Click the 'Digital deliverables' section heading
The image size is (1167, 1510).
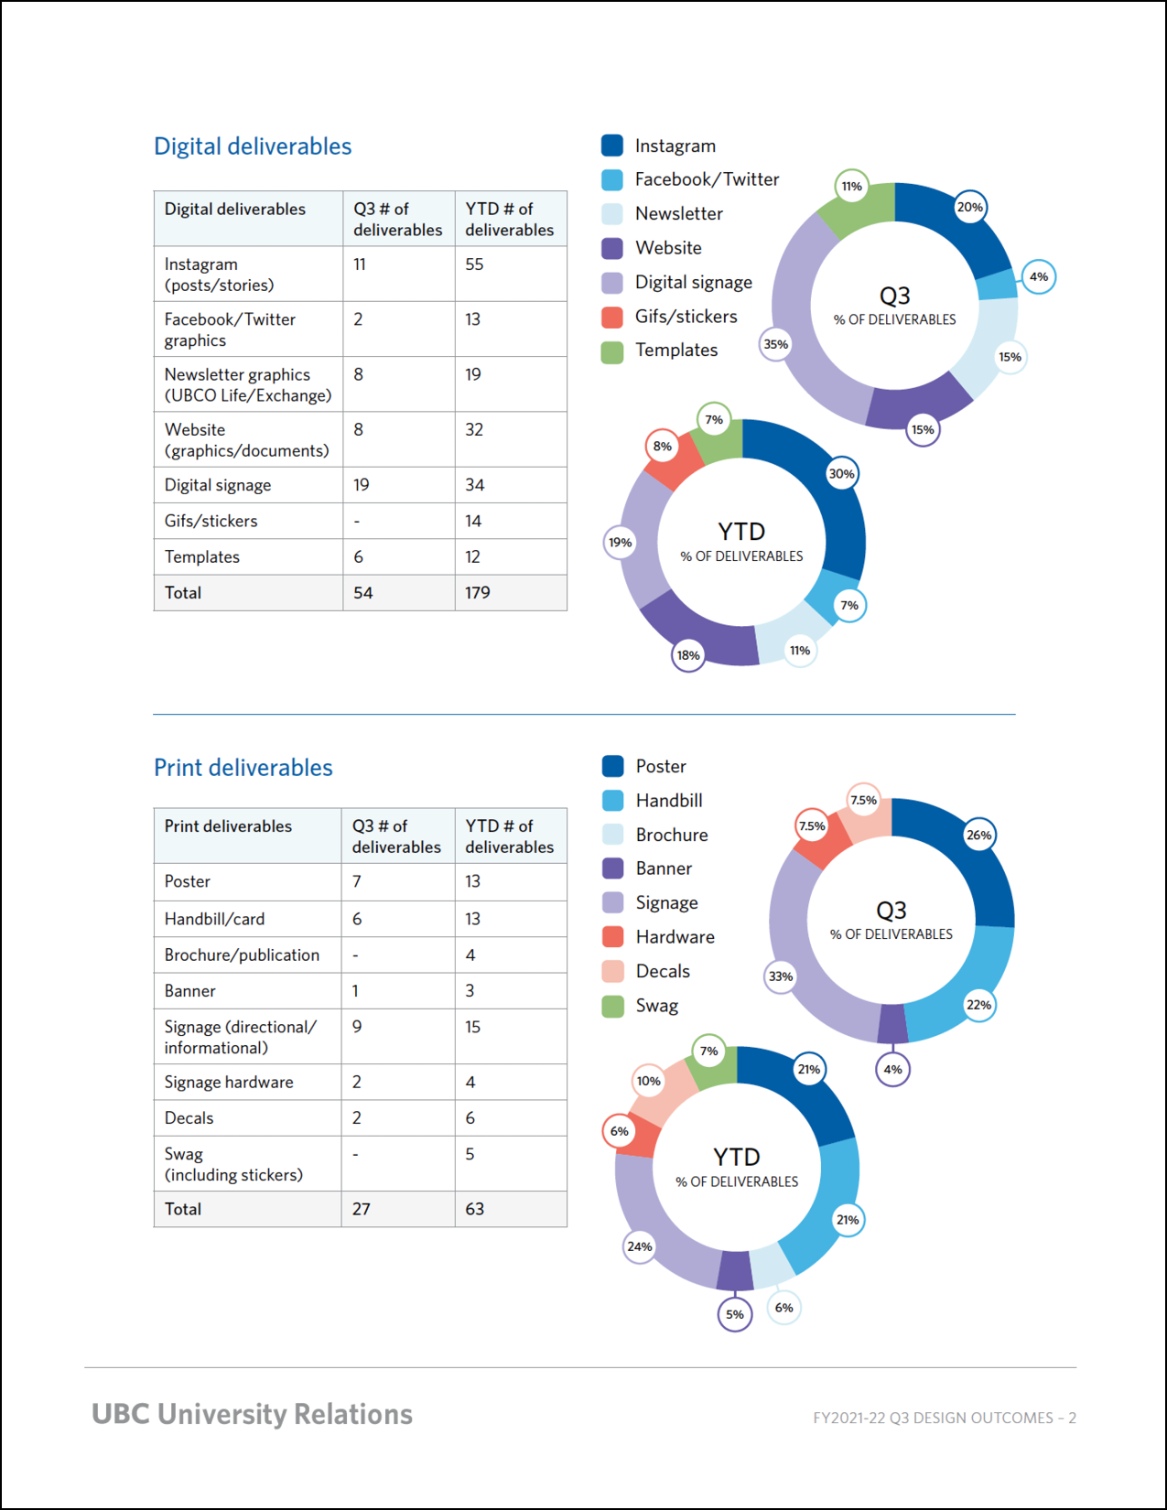coord(253,146)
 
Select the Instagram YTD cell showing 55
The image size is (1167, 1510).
coord(474,264)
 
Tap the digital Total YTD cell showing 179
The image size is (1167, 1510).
coord(478,593)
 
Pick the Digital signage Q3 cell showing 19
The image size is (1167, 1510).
coord(362,485)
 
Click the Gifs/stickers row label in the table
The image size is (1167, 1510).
coord(211,521)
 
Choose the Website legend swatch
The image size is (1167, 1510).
coord(612,248)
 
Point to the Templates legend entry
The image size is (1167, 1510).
coord(676,351)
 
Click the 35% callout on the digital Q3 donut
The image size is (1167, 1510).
coord(776,345)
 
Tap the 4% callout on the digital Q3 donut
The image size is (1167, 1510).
coord(1039,277)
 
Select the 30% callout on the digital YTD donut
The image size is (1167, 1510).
coord(841,474)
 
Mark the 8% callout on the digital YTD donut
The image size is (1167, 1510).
coord(663,447)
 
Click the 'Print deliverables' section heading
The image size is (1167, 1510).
coord(243,768)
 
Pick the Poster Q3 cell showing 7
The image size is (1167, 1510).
coord(357,881)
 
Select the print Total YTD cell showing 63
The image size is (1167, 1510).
coord(474,1209)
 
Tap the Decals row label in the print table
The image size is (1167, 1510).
coord(189,1118)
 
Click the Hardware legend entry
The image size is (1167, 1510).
coord(675,937)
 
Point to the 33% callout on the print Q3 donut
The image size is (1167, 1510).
coord(781,976)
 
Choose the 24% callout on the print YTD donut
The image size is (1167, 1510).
coord(640,1246)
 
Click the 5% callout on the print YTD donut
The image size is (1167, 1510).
coord(735,1315)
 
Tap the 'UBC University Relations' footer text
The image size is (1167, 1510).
coord(252,1414)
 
